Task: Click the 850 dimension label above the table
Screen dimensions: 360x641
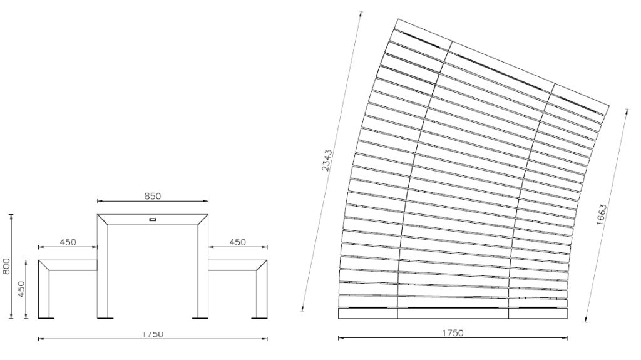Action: [153, 196]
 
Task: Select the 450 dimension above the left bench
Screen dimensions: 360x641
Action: [68, 242]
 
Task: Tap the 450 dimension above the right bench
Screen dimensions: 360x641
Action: [237, 242]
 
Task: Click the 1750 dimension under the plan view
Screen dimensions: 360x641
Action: [453, 332]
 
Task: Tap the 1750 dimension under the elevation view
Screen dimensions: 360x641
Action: [153, 334]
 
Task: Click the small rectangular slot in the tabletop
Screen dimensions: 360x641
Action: [152, 219]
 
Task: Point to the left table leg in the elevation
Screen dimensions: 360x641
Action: [103, 269]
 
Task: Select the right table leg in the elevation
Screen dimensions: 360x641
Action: [202, 269]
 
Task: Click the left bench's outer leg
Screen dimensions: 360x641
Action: [44, 291]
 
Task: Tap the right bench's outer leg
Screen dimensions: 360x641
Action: [261, 291]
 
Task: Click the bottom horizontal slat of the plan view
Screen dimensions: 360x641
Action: [453, 314]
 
